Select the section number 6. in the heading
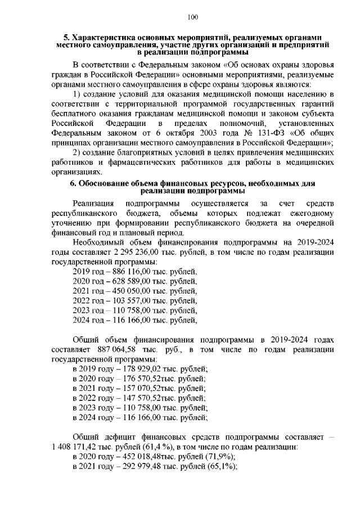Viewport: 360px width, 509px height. pyautogui.click(x=73, y=183)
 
